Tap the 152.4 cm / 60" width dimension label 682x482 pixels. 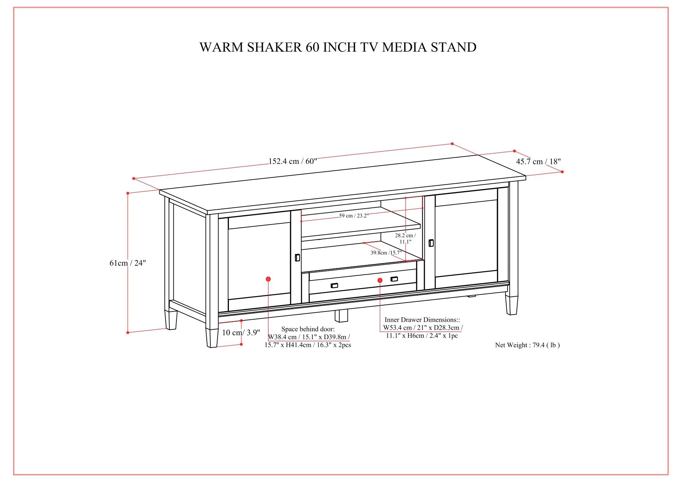[x=293, y=161]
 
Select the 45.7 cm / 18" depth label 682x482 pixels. [x=538, y=162]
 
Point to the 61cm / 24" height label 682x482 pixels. [x=127, y=263]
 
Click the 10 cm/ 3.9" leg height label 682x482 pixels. [x=241, y=332]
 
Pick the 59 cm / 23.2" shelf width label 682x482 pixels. [x=354, y=216]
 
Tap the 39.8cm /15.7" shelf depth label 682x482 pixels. [x=385, y=253]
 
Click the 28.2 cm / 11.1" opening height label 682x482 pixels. [x=405, y=238]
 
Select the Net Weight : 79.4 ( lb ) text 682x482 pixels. [x=527, y=345]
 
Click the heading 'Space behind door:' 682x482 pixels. [x=308, y=329]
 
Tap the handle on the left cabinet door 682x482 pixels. [x=297, y=258]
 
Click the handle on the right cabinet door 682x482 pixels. [x=431, y=243]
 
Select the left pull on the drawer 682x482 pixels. [x=334, y=285]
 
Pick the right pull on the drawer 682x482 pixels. [x=394, y=279]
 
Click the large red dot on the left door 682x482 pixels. [x=268, y=279]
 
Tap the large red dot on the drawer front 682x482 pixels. [x=380, y=280]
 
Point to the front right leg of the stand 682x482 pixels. [x=511, y=305]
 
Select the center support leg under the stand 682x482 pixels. [x=341, y=315]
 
